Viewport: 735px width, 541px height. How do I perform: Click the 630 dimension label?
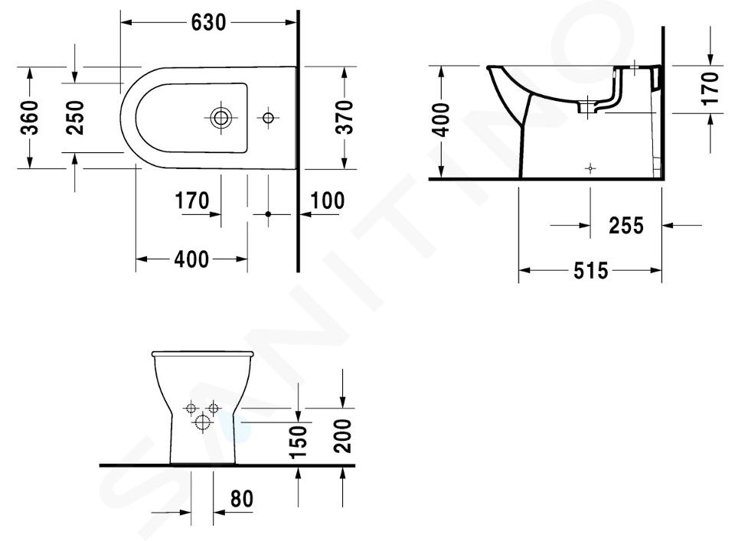point(208,22)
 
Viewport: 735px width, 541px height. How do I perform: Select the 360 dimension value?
point(30,118)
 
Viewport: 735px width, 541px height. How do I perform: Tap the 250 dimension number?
point(75,118)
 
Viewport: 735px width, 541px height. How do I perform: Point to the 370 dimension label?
point(345,118)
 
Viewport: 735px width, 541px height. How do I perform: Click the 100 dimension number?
point(327,200)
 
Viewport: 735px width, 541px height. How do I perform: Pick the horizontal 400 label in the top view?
point(191,259)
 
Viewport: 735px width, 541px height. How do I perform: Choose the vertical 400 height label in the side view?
point(441,120)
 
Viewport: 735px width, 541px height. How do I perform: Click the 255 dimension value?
point(626,225)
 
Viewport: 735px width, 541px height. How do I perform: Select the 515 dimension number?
point(590,271)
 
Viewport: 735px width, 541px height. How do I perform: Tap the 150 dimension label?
point(299,442)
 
